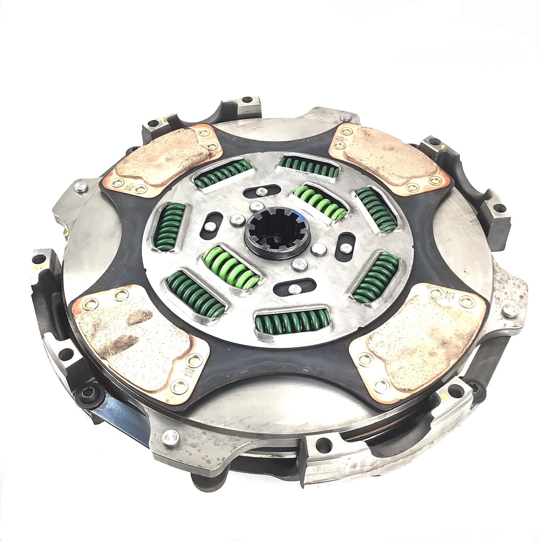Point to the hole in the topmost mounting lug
tap(247, 99)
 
